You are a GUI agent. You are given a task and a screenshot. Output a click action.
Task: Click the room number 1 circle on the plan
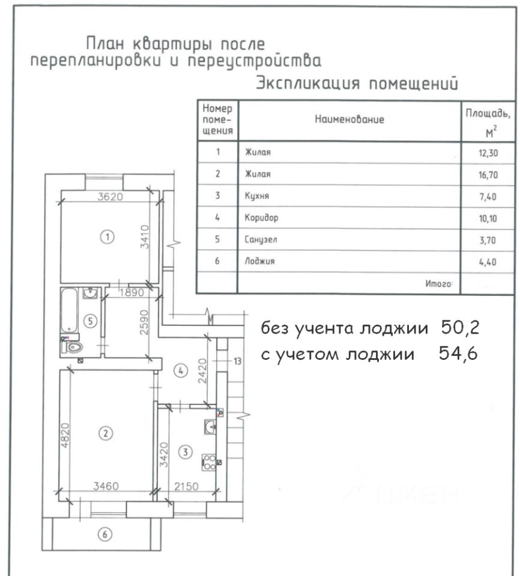pos(107,237)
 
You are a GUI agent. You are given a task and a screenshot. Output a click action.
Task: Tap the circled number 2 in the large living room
pos(106,433)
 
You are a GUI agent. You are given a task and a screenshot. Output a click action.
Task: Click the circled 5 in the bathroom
pos(91,321)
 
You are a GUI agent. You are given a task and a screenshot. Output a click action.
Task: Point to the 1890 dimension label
pos(132,293)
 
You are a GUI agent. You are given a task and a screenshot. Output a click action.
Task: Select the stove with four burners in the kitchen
pos(209,461)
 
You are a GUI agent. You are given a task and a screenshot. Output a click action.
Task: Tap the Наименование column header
pos(349,119)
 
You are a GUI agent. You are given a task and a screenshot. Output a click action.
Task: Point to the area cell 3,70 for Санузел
pos(487,239)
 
